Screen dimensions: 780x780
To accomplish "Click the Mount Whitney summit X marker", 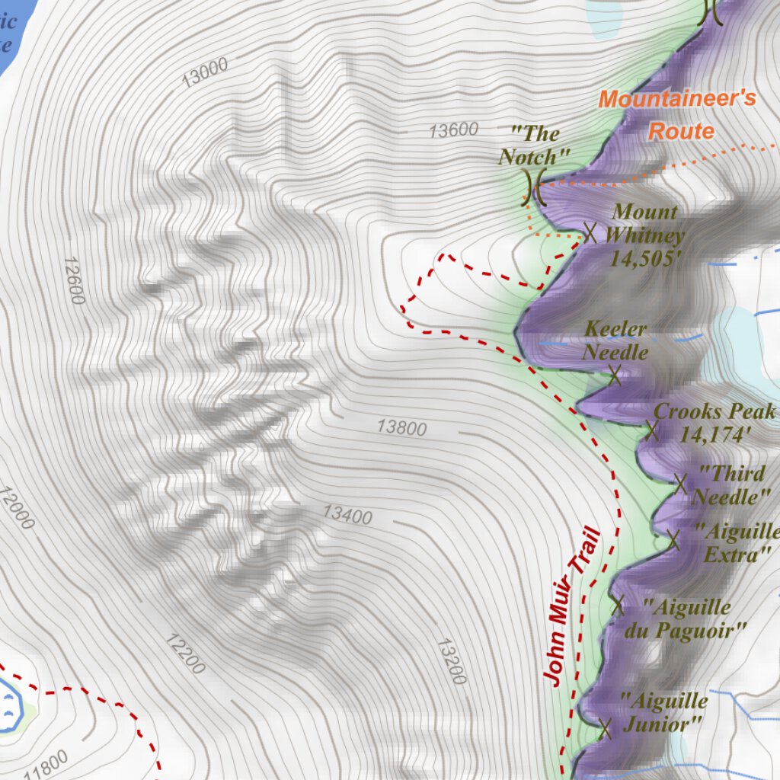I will coord(590,232).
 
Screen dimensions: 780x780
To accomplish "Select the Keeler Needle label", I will coord(615,340).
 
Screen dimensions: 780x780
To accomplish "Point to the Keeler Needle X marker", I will coord(615,374).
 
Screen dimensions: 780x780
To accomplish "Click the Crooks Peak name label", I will coord(714,411).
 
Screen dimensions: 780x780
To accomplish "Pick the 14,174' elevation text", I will coord(715,435).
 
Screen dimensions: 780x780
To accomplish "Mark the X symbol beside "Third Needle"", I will coord(680,483).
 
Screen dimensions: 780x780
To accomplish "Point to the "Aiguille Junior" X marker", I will coord(606,728).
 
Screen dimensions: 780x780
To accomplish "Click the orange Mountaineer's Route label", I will coord(678,114).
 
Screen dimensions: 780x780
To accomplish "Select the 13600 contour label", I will coord(453,130).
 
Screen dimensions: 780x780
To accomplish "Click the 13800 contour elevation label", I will coord(402,427).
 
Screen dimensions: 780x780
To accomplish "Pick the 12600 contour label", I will coord(74,280).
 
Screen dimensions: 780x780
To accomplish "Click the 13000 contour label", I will coord(206,72).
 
